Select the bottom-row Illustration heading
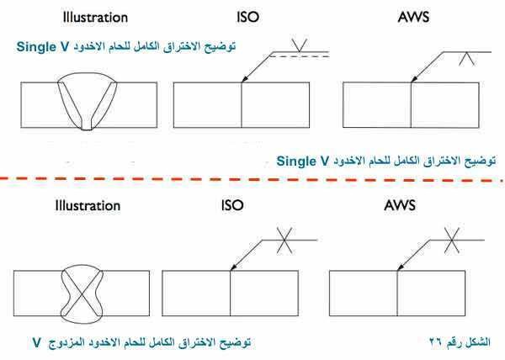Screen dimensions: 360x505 (88, 205)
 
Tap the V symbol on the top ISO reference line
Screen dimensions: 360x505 (298, 44)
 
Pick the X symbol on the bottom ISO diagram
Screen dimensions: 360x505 (291, 241)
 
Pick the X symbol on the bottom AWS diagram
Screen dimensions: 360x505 (453, 241)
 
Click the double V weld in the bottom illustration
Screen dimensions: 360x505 (82, 292)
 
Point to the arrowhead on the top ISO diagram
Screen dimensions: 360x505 (243, 81)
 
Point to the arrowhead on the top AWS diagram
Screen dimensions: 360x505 (413, 81)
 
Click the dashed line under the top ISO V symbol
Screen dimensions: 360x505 (298, 56)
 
